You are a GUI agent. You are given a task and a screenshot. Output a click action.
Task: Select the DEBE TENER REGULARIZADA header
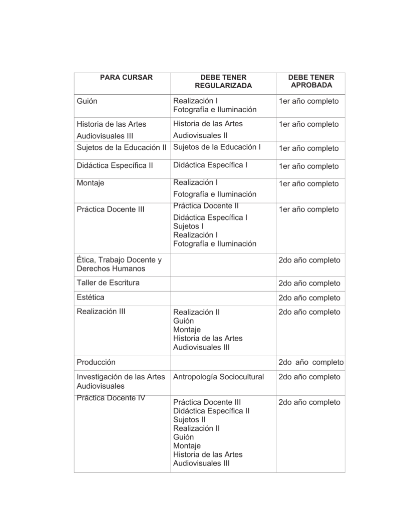223,82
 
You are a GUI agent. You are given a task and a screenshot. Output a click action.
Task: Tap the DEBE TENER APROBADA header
311,82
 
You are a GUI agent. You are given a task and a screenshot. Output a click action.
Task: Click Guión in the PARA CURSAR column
87,101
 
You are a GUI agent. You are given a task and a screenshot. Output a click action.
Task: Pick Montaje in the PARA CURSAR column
91,183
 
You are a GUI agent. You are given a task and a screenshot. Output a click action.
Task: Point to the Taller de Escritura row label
108,283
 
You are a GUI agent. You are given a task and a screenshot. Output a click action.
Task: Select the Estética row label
91,298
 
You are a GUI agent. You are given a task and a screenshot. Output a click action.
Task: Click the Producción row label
96,362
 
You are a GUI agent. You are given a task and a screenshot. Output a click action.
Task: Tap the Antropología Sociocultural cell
218,377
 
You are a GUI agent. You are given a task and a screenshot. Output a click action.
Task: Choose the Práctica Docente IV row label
111,398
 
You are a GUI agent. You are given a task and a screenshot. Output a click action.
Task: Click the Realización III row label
101,312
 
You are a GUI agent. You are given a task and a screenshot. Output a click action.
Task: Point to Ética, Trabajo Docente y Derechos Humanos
119,265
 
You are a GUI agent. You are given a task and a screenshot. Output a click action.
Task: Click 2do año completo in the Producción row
311,362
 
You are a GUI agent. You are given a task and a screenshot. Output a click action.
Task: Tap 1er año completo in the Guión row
309,101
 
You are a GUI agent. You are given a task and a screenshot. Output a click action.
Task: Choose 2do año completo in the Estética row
309,298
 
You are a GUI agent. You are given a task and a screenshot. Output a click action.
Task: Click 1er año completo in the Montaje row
309,184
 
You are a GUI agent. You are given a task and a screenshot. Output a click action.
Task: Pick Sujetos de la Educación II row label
121,147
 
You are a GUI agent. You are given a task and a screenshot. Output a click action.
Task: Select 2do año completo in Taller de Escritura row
309,284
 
